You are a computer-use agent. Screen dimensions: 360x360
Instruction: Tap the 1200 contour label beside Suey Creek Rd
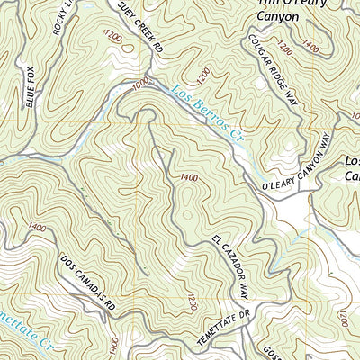click(112, 37)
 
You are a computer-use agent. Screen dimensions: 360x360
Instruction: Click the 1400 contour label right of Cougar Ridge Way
click(310, 45)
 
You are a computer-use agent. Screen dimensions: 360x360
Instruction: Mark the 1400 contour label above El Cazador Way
click(188, 177)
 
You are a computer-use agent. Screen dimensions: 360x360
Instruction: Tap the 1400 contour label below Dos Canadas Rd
click(112, 345)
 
